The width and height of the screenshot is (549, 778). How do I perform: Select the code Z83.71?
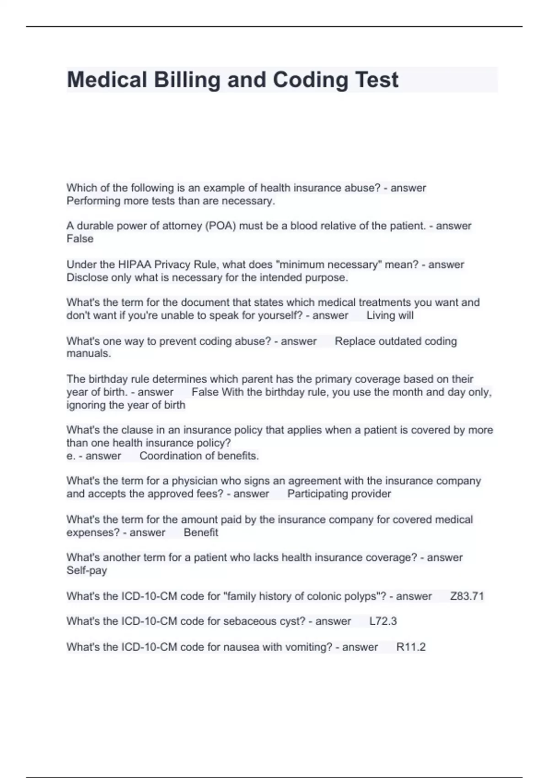click(x=467, y=596)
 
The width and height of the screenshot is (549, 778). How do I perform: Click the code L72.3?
click(x=383, y=621)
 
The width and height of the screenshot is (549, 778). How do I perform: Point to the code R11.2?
click(x=411, y=647)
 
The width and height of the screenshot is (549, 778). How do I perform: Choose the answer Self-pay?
click(x=87, y=571)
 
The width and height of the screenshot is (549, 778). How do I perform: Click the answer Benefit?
click(x=201, y=533)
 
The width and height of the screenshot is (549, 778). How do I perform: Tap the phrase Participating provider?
click(x=339, y=494)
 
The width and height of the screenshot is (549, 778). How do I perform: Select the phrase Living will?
click(x=390, y=316)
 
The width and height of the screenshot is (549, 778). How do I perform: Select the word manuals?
click(x=88, y=354)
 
